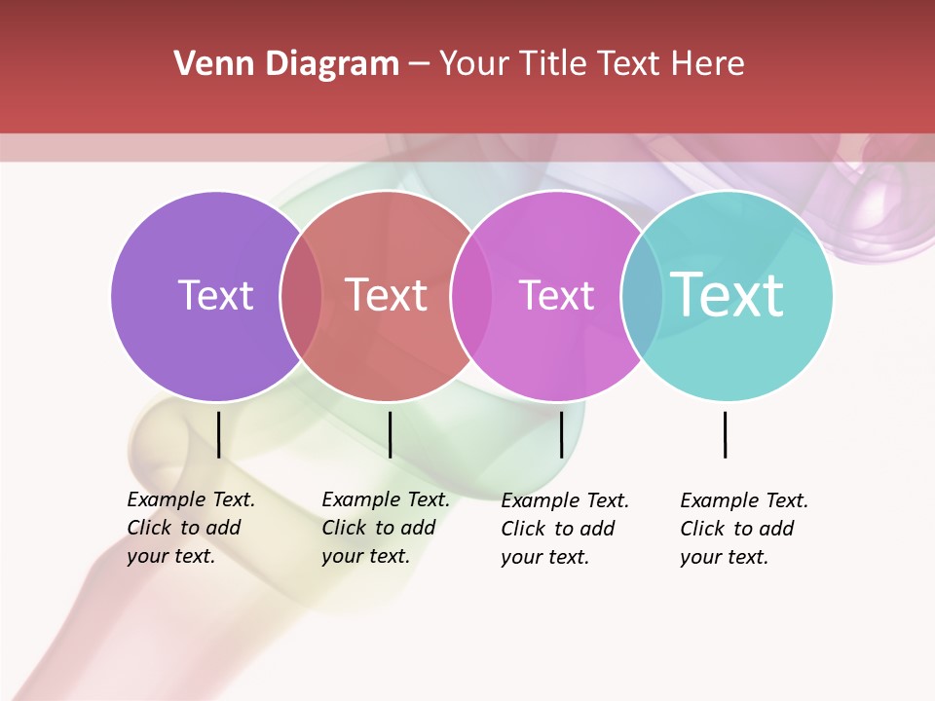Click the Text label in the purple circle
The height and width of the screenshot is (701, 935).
[215, 295]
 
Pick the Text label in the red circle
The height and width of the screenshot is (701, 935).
[387, 295]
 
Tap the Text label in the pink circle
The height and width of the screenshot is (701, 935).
[556, 295]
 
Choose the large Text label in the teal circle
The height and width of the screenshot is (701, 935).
[727, 295]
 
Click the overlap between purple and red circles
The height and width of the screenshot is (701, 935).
[301, 296]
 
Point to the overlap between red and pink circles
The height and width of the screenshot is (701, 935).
[471, 296]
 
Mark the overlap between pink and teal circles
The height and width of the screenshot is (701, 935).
[642, 296]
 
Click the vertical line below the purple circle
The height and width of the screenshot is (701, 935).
[219, 434]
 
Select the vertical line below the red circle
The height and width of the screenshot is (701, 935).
[390, 434]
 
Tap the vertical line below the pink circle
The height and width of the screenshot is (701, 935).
[561, 434]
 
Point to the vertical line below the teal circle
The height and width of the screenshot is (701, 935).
[725, 434]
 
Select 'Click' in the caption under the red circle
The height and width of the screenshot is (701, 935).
[344, 528]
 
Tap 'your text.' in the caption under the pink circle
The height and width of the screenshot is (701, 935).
[544, 557]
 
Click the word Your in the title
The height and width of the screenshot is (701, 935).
[474, 64]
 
